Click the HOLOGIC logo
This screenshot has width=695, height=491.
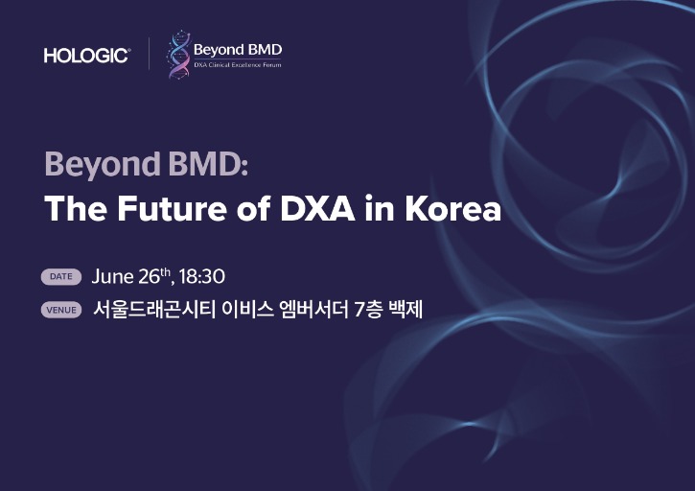pyautogui.click(x=87, y=56)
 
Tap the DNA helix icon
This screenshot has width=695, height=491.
pyautogui.click(x=178, y=54)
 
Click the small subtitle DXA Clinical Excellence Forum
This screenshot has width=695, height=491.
pyautogui.click(x=238, y=65)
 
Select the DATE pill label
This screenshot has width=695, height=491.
pyautogui.click(x=61, y=276)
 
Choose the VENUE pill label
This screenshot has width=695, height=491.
pyautogui.click(x=61, y=310)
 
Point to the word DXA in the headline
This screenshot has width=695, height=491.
pyautogui.click(x=317, y=208)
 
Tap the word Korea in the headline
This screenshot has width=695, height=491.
pyautogui.click(x=453, y=208)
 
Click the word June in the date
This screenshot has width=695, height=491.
pyautogui.click(x=112, y=276)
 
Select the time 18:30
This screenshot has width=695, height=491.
pyautogui.click(x=202, y=276)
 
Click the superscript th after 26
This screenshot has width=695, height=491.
pyautogui.click(x=165, y=271)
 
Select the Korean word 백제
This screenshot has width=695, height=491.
pyautogui.click(x=405, y=309)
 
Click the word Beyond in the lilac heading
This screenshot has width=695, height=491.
pyautogui.click(x=103, y=165)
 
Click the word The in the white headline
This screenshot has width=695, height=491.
pyautogui.click(x=76, y=208)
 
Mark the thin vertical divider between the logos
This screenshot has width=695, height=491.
pyautogui.click(x=149, y=54)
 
